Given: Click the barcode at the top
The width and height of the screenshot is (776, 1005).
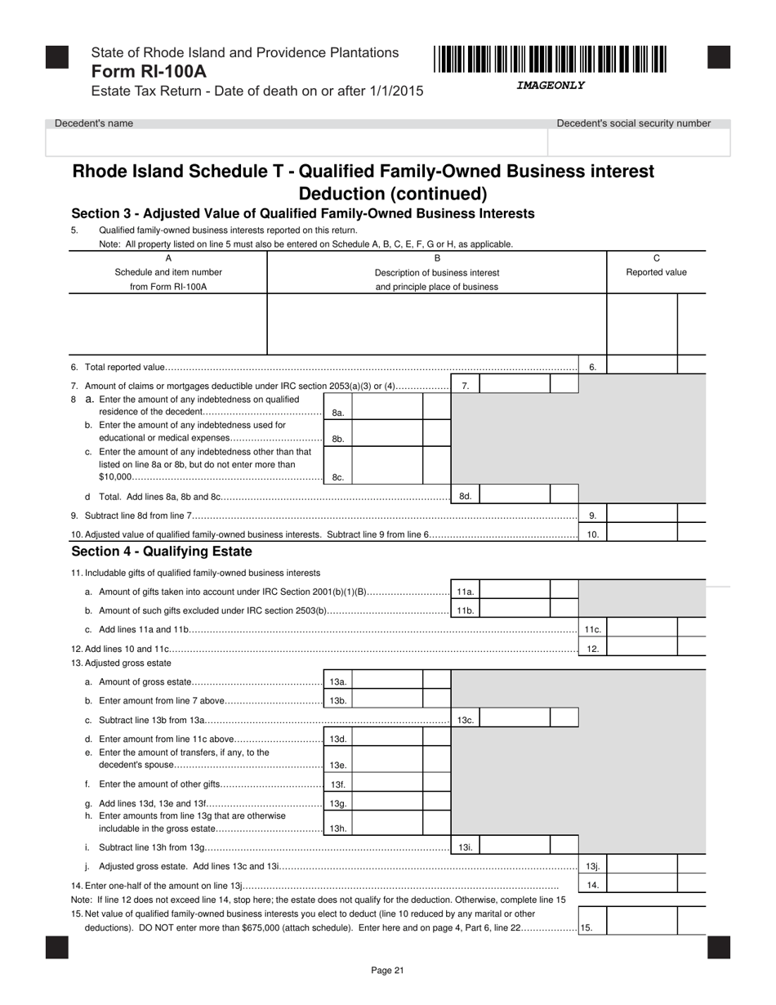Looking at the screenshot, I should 550,60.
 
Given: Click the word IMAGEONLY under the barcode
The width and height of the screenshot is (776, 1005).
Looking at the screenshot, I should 550,85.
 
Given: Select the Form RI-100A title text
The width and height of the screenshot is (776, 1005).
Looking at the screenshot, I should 149,71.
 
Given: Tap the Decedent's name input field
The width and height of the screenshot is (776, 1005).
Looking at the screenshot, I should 296,142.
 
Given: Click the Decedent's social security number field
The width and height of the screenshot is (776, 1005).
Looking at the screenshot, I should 639,142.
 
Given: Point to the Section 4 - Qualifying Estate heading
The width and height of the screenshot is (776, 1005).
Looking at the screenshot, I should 162,552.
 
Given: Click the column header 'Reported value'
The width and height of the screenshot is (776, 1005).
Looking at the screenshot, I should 656,272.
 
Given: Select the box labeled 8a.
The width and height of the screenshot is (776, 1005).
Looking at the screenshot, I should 338,413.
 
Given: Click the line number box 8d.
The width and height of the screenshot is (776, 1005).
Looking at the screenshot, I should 465,496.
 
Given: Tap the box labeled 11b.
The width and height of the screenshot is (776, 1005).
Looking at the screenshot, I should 465,610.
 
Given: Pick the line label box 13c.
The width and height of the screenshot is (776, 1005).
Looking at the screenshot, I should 465,720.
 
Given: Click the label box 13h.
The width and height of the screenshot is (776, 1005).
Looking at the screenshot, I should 338,829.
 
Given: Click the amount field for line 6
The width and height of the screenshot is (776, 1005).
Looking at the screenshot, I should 642,367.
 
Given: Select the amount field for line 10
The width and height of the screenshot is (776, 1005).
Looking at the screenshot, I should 642,534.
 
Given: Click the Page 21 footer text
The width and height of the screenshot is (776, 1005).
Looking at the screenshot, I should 387,971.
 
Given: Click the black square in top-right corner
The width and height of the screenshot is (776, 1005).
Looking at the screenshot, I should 718,57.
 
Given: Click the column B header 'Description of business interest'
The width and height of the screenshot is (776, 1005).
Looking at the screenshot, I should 436,272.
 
